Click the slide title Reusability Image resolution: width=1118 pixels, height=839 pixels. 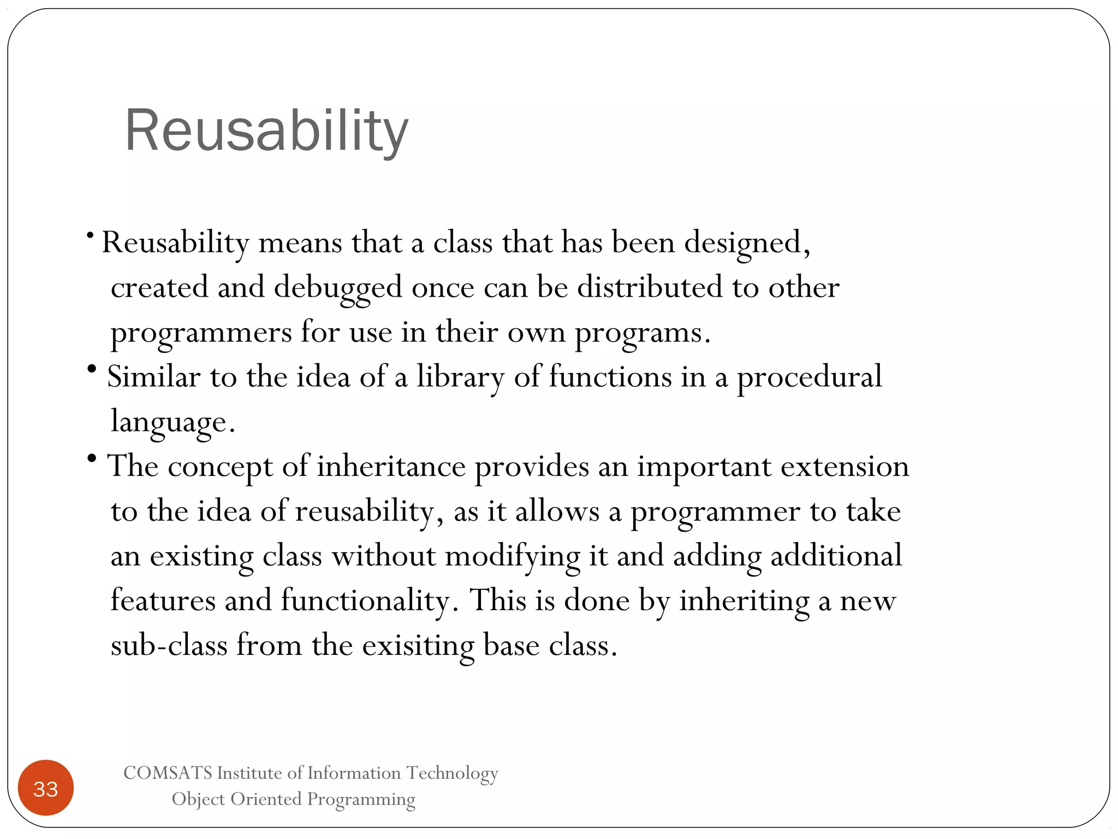pyautogui.click(x=266, y=131)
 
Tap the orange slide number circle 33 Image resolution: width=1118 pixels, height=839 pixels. pyautogui.click(x=46, y=788)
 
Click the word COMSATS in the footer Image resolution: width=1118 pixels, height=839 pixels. pyautogui.click(x=168, y=773)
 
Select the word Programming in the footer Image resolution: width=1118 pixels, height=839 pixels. pyautogui.click(x=361, y=800)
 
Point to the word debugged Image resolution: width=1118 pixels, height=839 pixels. pyautogui.click(x=338, y=288)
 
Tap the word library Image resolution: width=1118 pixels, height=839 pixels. pyautogui.click(x=461, y=377)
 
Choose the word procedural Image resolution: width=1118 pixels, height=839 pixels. pyautogui.click(x=809, y=377)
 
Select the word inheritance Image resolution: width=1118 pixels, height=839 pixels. pyautogui.click(x=391, y=466)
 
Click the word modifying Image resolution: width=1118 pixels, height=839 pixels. pyautogui.click(x=512, y=557)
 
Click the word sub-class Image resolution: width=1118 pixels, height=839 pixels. pyautogui.click(x=169, y=645)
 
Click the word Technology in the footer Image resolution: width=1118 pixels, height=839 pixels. pyautogui.click(x=452, y=773)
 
